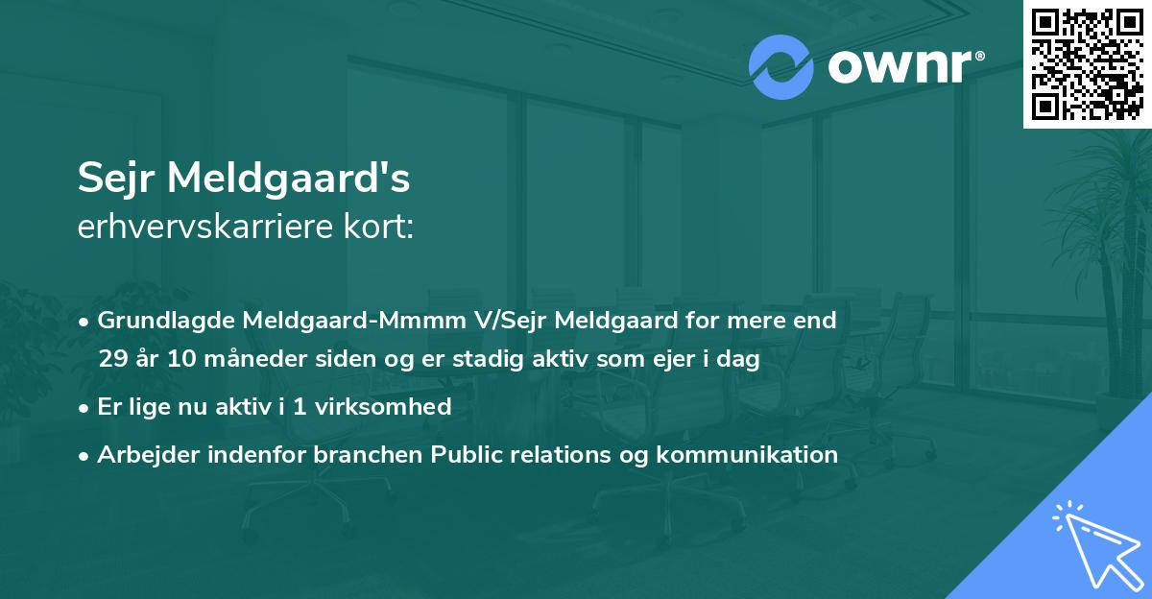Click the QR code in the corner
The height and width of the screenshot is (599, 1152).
point(1087,63)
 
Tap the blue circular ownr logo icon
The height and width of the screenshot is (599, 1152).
point(780,67)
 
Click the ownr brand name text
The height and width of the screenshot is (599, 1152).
point(903,67)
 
